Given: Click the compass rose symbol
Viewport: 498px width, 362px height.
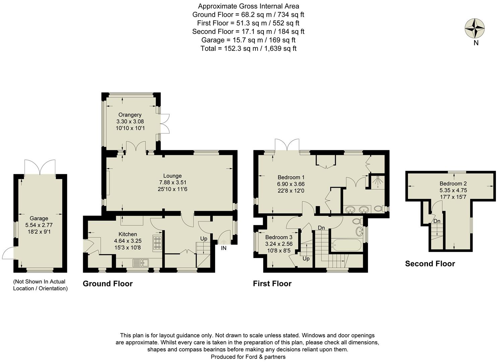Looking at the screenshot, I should [475, 28].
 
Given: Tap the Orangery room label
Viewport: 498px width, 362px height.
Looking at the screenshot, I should [130, 115].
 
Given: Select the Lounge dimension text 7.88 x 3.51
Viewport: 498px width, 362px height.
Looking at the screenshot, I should [173, 182].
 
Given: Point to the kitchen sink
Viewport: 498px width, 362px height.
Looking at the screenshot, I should [141, 262].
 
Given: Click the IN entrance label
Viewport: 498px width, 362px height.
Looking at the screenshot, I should [224, 248].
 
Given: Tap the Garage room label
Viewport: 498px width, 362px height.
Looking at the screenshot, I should [39, 218].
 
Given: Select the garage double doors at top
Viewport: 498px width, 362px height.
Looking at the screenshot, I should [40, 168].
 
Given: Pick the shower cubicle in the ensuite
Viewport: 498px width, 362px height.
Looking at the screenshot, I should [377, 182].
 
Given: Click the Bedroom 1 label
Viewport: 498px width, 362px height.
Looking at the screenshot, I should [291, 177].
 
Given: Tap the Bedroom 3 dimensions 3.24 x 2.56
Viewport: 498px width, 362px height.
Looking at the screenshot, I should [279, 244].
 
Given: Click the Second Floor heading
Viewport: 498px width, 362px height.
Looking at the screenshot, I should [430, 264].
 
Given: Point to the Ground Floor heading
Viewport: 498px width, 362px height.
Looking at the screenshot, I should [108, 284].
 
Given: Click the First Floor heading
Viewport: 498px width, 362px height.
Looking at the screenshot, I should [272, 284].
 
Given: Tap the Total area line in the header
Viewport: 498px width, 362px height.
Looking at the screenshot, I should [248, 48].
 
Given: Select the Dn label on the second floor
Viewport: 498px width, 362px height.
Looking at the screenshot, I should [437, 221].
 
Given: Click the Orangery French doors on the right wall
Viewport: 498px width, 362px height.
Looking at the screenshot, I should [164, 124].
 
